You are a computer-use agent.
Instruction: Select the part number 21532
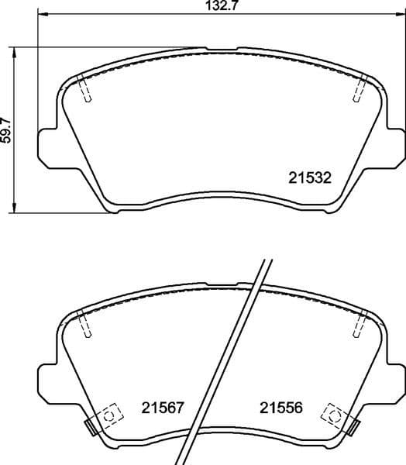(310, 177)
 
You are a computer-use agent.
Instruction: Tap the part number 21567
(163, 407)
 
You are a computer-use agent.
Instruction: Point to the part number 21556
(280, 407)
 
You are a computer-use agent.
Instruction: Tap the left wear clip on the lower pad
(91, 425)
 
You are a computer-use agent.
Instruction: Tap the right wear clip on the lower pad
(353, 425)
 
